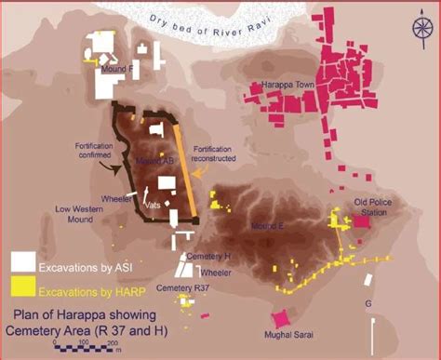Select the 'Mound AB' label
(154, 161)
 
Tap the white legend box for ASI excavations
(24, 261)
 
